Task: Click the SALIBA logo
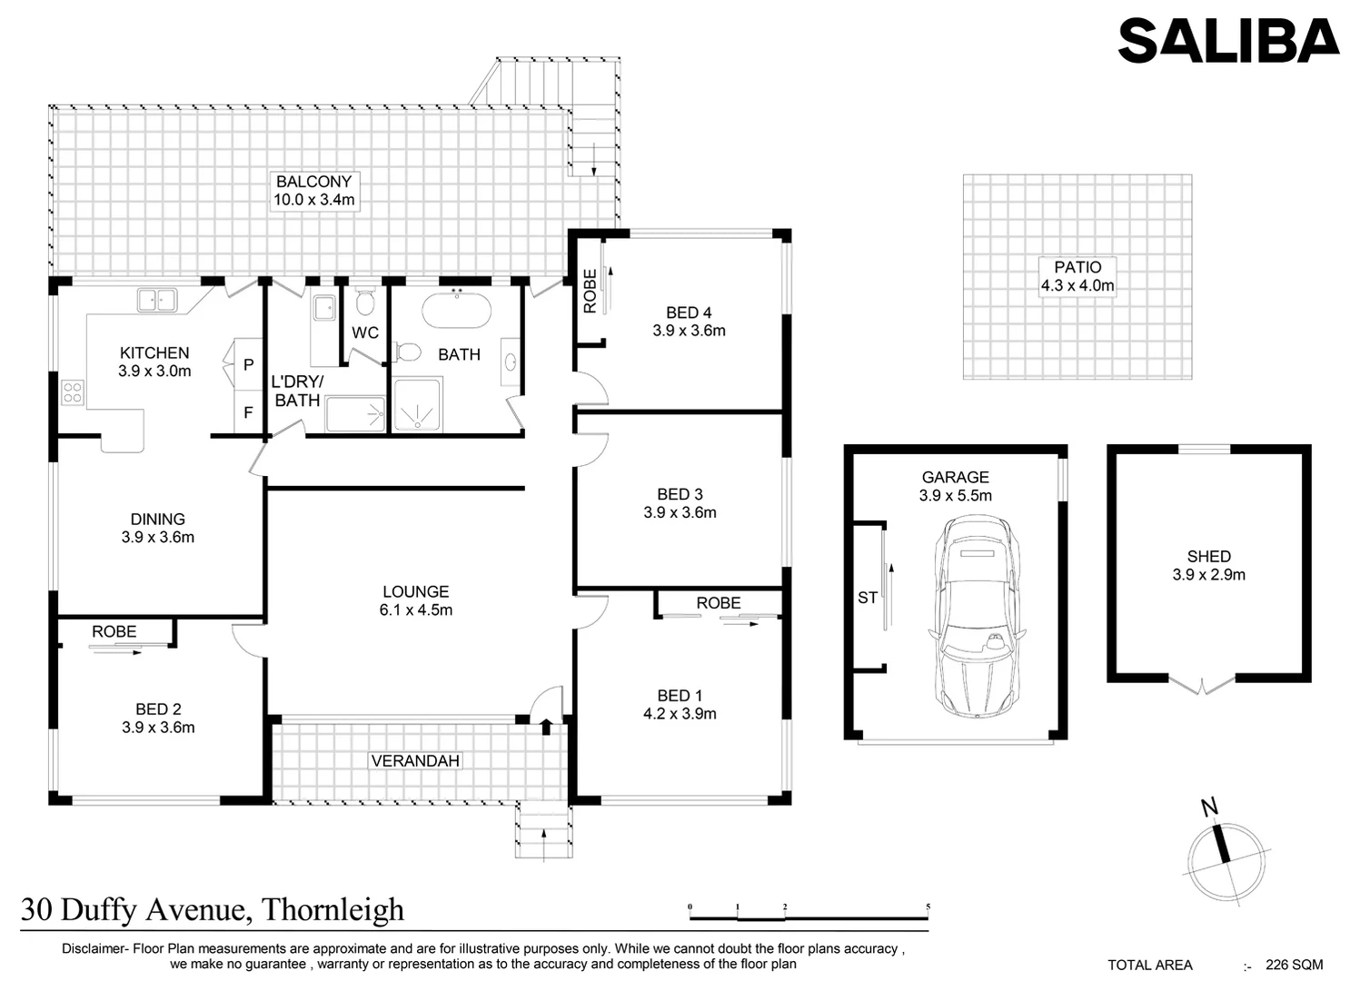click(1227, 41)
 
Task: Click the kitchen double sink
click(156, 300)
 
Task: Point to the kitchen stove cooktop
click(72, 393)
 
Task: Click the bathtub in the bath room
click(456, 310)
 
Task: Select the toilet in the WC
click(365, 302)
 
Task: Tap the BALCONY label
click(313, 182)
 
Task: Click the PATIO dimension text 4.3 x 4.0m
click(1077, 285)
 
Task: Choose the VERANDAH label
click(415, 760)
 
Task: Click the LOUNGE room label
click(415, 591)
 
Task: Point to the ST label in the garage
click(868, 598)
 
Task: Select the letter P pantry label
click(248, 365)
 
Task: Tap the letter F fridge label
click(248, 413)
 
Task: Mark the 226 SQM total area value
click(1294, 965)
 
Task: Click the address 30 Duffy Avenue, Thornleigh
click(213, 909)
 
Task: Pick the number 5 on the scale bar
click(927, 907)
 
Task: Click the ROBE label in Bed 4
click(590, 291)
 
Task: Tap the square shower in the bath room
click(417, 405)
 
